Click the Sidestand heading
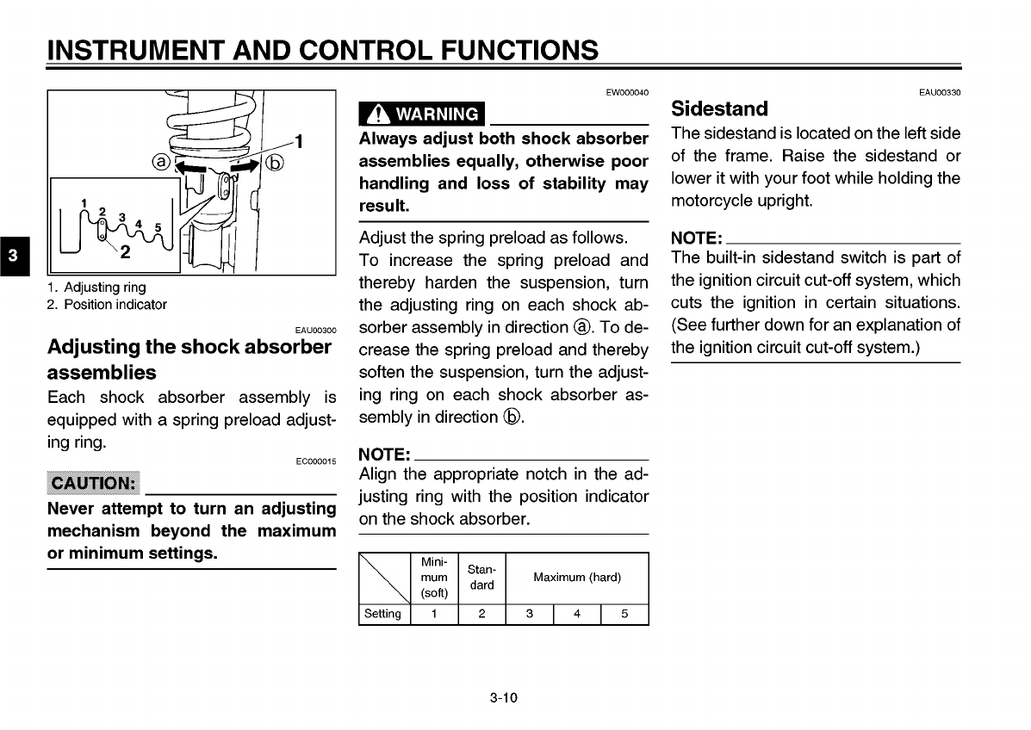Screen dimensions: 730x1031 coord(719,109)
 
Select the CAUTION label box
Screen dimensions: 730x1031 coord(94,483)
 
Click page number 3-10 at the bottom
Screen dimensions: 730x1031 coord(503,698)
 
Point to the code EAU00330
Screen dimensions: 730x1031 coord(939,93)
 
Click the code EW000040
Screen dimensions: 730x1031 coord(627,93)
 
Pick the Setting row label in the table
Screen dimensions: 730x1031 coord(383,615)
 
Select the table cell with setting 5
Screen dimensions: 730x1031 coord(624,615)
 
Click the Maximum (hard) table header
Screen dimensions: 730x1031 coord(576,578)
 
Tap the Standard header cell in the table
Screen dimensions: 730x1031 coord(481,578)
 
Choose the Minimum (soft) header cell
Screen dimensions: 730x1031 coord(434,578)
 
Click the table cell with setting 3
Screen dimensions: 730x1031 coord(529,615)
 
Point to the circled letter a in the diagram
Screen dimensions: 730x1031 coord(159,161)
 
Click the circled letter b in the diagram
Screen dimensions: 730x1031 coord(275,161)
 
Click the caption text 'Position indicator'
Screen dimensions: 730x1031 coord(115,305)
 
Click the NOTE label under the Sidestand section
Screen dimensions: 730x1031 coord(696,238)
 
